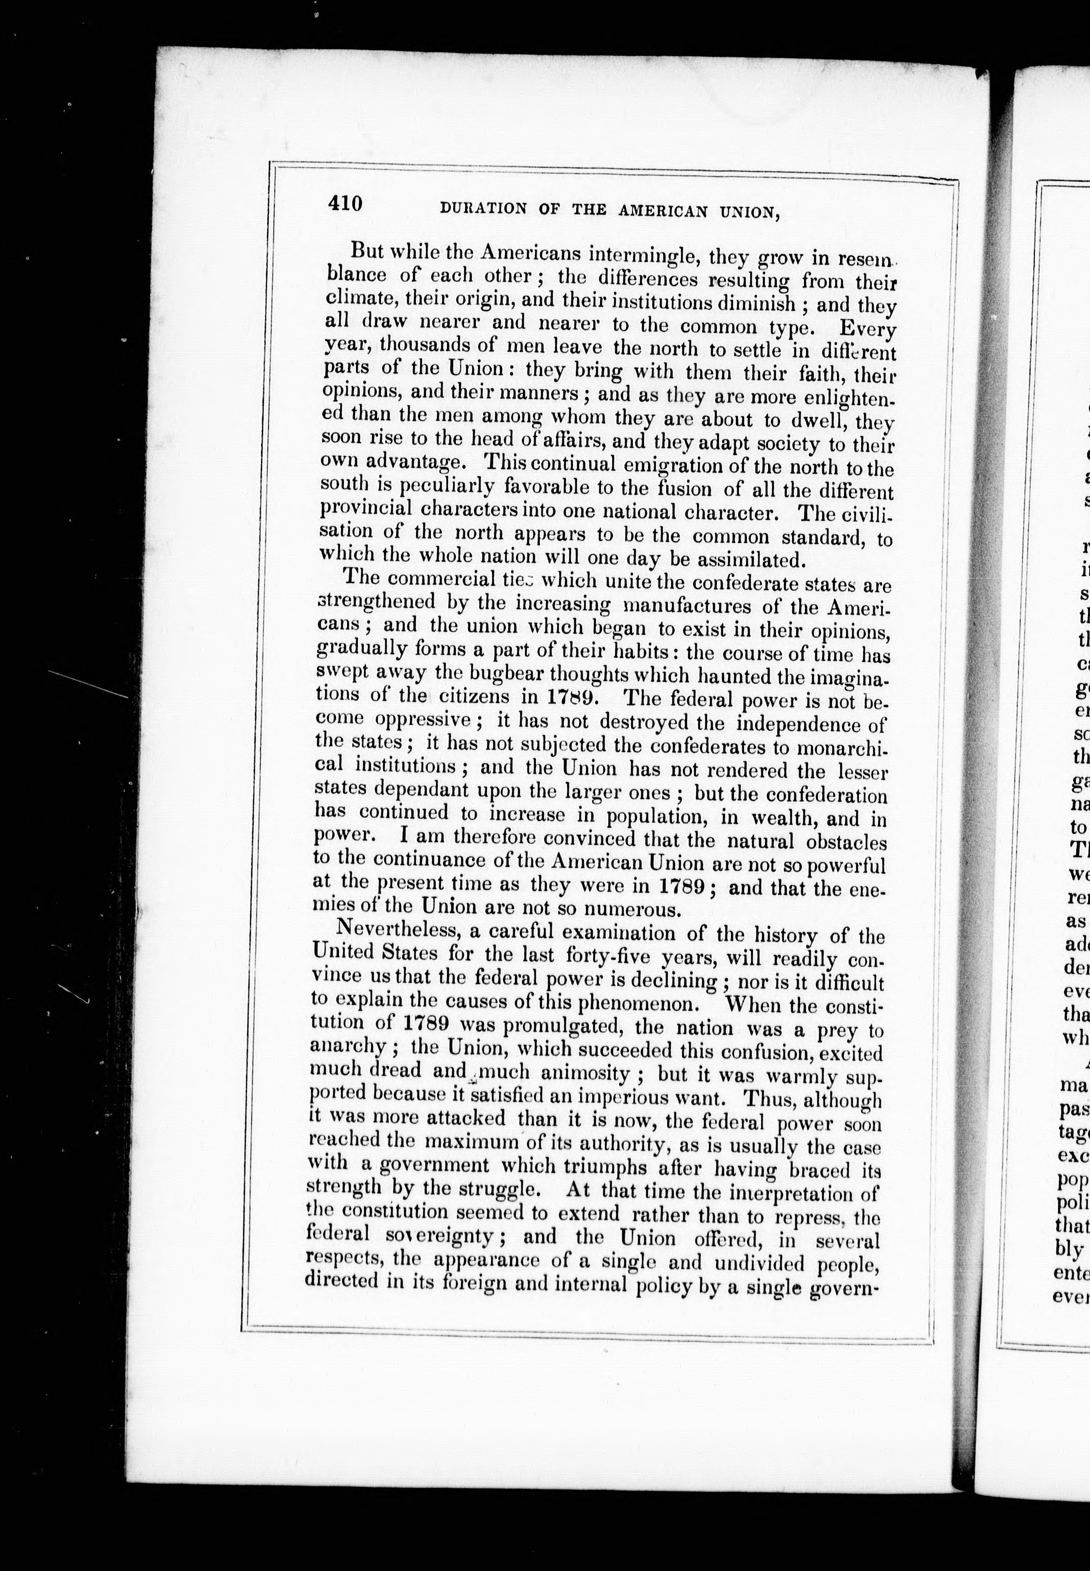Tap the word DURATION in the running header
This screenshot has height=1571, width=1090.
tap(483, 208)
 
